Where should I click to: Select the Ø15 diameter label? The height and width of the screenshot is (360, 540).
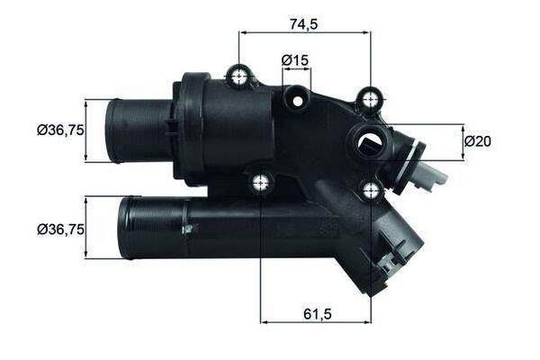point(295,60)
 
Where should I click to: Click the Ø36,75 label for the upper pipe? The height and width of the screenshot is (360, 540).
point(60,130)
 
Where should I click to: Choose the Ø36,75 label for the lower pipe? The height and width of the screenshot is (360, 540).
point(60,229)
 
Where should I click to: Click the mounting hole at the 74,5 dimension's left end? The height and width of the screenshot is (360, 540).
point(239,77)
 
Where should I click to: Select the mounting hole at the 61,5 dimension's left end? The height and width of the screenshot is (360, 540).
point(261,183)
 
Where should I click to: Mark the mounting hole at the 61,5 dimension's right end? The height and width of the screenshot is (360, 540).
point(371,189)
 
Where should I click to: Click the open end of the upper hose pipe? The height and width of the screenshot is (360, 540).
point(112,130)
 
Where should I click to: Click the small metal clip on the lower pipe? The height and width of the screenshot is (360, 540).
point(187,230)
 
